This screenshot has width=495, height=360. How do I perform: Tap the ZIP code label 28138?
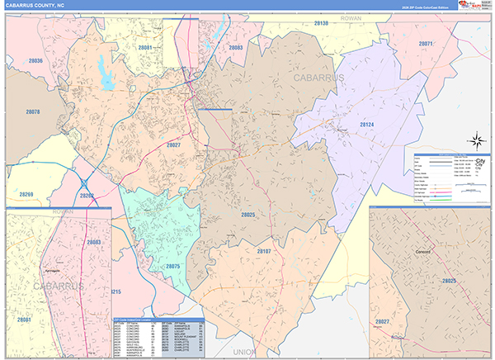click(321, 24)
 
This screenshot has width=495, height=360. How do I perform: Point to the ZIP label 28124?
click(366, 125)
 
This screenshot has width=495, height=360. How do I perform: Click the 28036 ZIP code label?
click(35, 61)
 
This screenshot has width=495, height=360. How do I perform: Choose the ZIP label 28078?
click(32, 111)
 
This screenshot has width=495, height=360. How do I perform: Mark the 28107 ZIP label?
click(264, 250)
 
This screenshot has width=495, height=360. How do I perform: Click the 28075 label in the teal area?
click(172, 266)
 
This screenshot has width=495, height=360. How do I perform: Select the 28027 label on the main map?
click(173, 144)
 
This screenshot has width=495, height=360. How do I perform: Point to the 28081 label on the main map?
click(145, 48)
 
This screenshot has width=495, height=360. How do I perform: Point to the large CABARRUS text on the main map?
click(317, 77)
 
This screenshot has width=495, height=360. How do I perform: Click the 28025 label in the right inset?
click(449, 281)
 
